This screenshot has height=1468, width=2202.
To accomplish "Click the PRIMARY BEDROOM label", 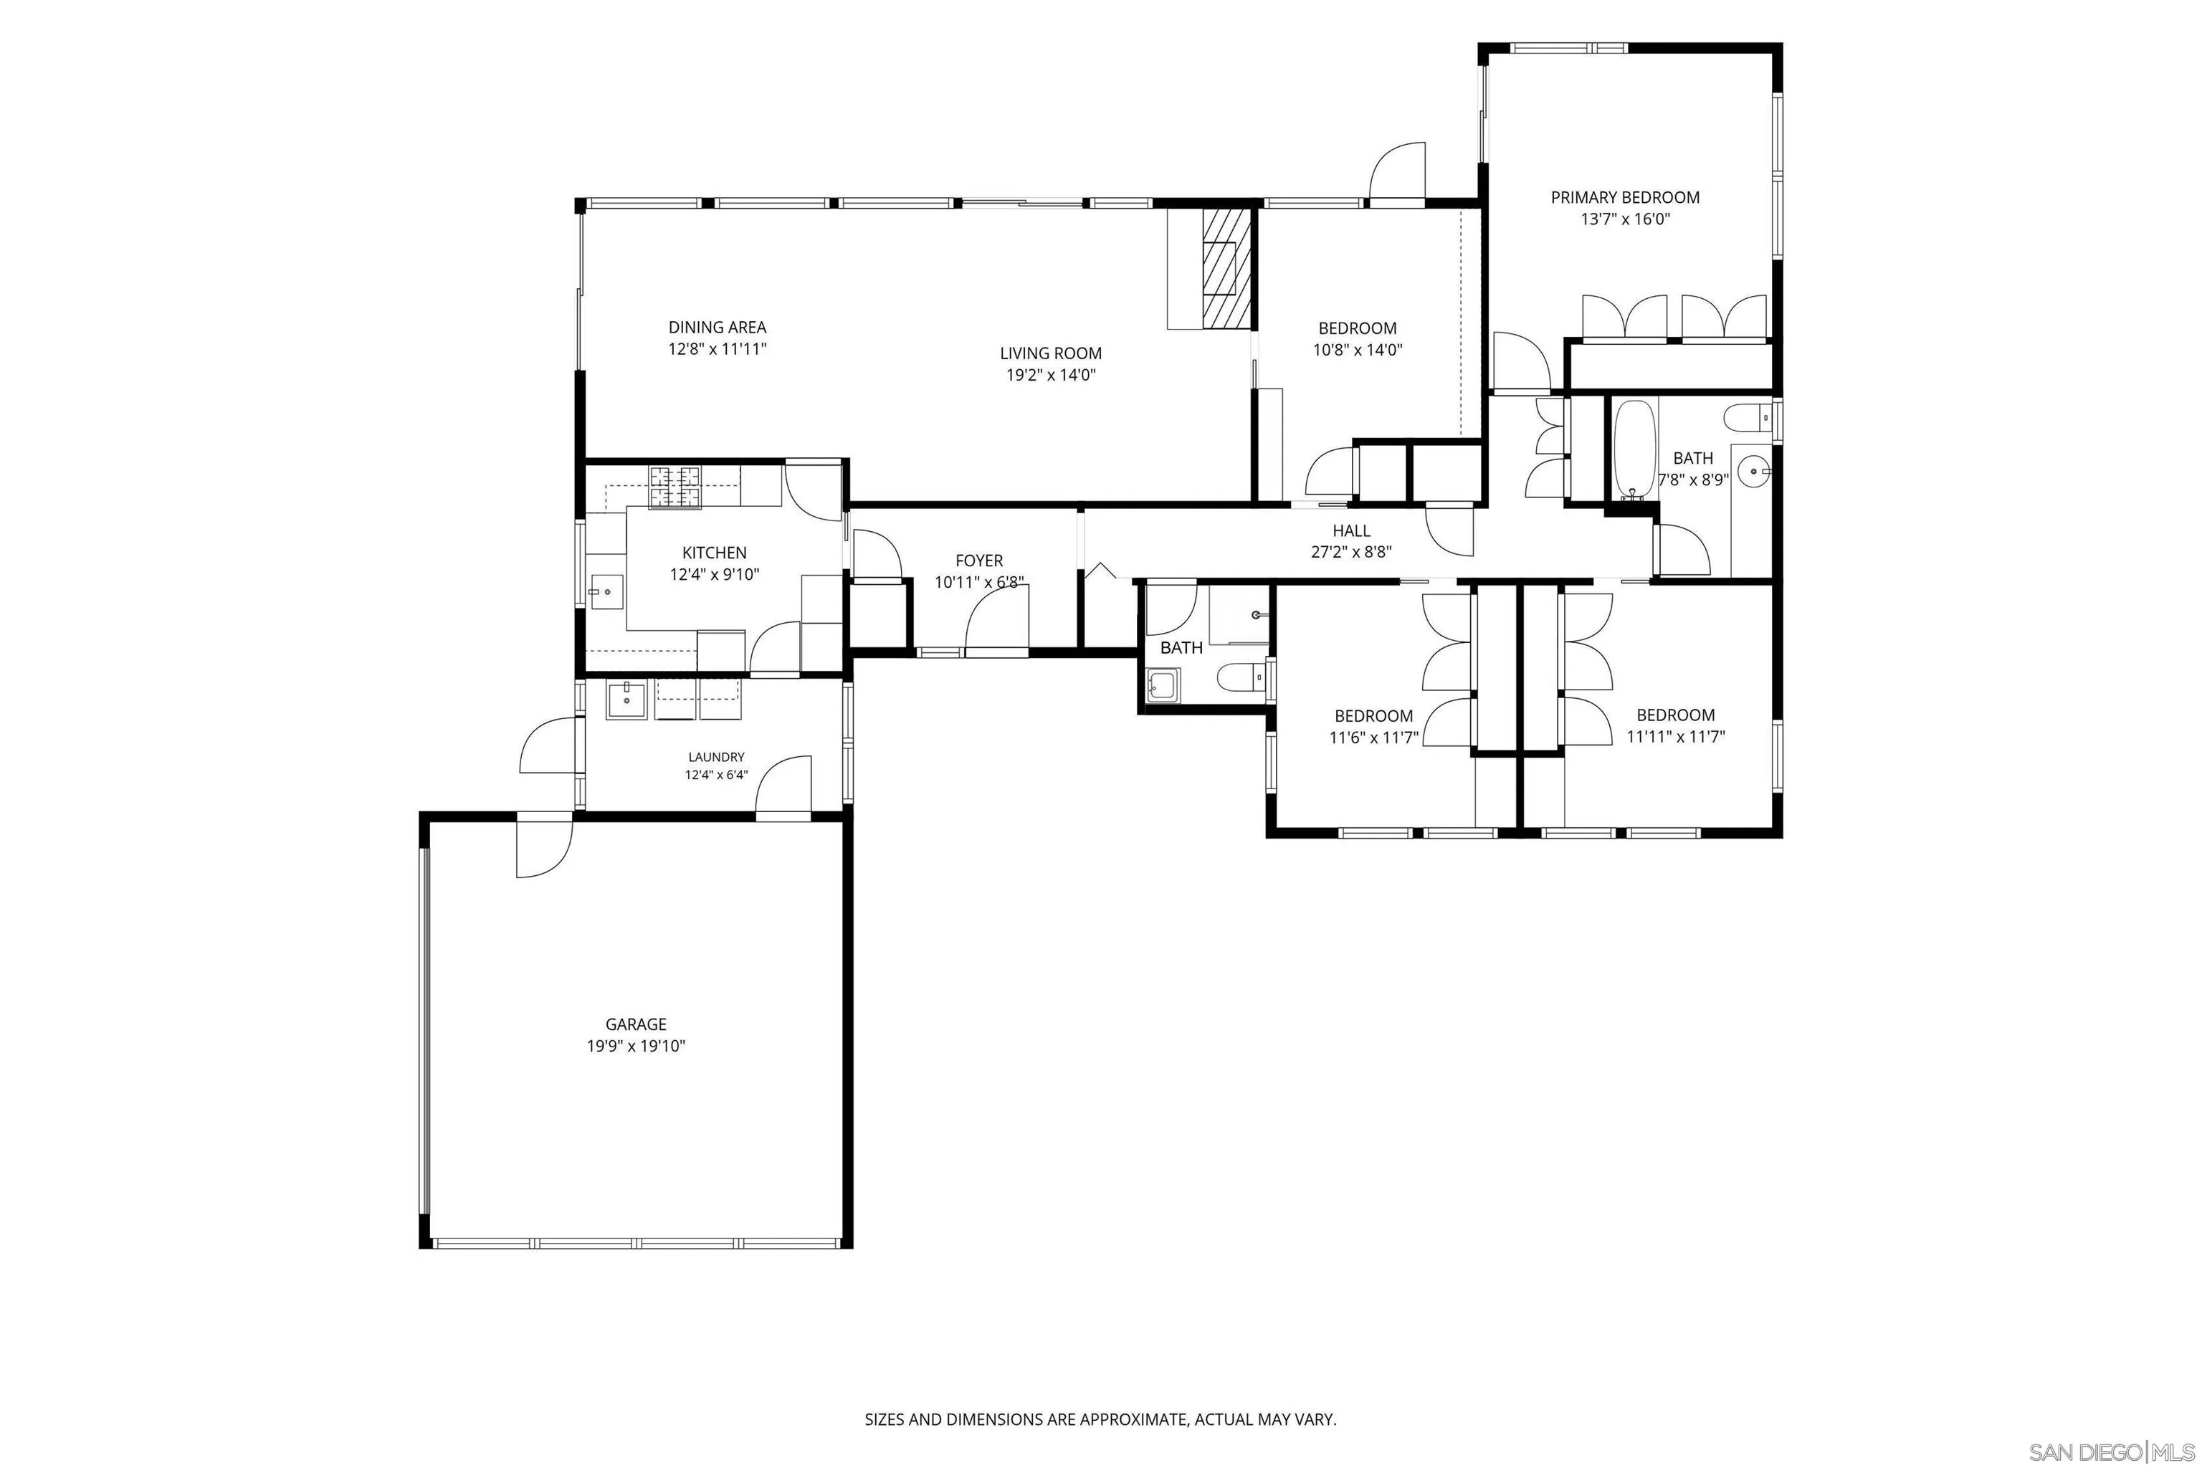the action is (x=1624, y=198).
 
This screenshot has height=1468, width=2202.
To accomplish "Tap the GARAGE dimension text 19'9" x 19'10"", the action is (x=636, y=1046).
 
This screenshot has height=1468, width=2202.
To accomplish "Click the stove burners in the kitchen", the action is (x=676, y=487).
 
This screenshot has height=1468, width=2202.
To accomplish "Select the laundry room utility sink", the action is (x=626, y=700).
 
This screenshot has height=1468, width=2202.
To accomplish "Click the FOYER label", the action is (x=979, y=561).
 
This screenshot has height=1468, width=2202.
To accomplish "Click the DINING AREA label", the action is (x=717, y=327).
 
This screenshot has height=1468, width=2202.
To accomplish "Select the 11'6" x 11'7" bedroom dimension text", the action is (x=1373, y=738).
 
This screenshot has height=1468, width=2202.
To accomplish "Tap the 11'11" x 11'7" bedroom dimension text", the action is (x=1676, y=737).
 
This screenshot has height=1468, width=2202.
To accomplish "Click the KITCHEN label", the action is (x=715, y=553).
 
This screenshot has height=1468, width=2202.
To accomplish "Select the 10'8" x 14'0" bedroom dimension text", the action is (x=1358, y=350).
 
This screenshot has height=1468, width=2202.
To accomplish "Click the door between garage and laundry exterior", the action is (x=543, y=847).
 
